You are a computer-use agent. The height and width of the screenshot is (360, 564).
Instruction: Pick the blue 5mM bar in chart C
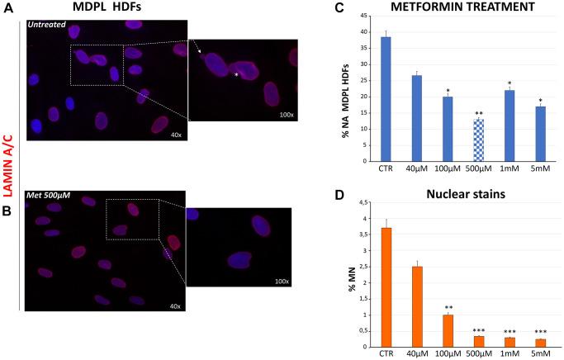[x=541, y=145]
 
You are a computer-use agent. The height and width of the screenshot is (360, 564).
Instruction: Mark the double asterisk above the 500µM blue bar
[x=478, y=113]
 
